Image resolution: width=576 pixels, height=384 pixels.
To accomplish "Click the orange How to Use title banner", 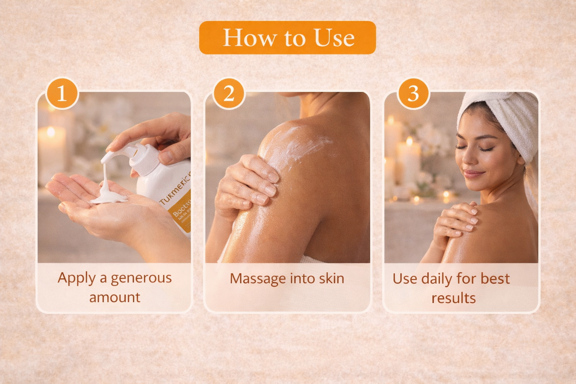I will click(287, 38).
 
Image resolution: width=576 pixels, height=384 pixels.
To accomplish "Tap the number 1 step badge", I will click(62, 93).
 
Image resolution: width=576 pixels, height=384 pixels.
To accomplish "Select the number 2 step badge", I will click(229, 93).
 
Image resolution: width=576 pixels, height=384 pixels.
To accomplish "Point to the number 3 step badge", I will click(413, 93).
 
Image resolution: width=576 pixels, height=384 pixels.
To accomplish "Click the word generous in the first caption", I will click(141, 278).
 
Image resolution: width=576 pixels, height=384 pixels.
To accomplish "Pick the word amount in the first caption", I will click(114, 298).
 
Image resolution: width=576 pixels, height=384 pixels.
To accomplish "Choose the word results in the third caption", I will click(454, 298).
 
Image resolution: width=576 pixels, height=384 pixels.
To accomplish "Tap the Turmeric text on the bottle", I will click(175, 188).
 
